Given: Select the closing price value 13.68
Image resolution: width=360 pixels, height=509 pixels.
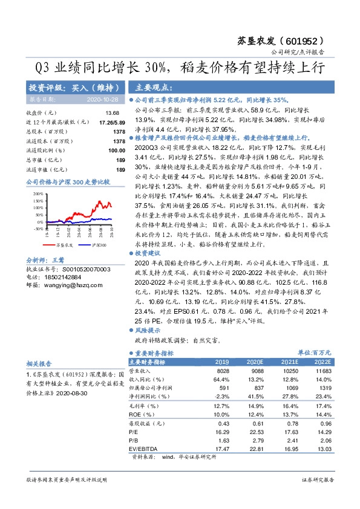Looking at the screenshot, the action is click(x=112, y=114).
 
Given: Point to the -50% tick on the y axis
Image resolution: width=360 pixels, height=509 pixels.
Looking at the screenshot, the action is click(x=38, y=229).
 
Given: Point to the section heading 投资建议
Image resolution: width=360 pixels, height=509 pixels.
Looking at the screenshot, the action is click(x=149, y=253).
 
